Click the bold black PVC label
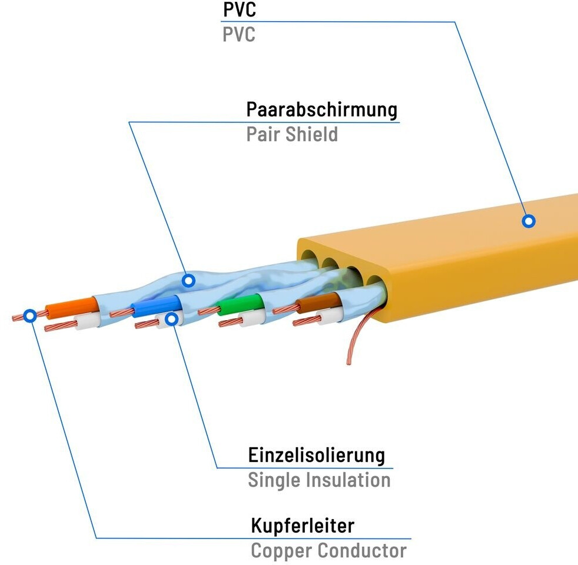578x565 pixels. (239, 10)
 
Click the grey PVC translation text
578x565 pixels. (238, 35)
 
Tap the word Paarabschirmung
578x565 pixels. (321, 110)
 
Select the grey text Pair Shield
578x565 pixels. (292, 134)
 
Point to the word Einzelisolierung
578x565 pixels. (317, 456)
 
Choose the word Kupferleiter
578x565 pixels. (303, 525)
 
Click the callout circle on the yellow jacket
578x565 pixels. (529, 221)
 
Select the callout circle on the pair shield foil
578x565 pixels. (188, 281)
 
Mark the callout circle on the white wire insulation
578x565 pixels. (172, 319)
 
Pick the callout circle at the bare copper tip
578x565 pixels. (29, 315)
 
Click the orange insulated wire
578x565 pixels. (71, 307)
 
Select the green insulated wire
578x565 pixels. (238, 304)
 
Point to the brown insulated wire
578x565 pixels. (315, 303)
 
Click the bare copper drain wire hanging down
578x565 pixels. (356, 341)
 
